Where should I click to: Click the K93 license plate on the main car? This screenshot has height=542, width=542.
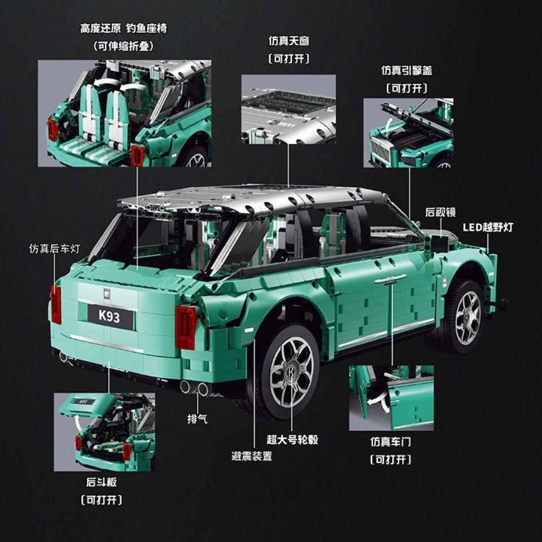[x=110, y=317]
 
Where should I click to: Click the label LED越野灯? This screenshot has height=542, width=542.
[x=488, y=227]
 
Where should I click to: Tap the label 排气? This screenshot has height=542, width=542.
[x=197, y=419]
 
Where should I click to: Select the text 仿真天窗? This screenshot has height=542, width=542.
[x=289, y=41]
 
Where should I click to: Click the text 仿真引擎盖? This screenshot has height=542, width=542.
[x=406, y=71]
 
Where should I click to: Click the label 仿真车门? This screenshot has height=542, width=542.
[x=391, y=442]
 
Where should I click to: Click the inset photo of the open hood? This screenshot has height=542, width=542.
[x=408, y=133]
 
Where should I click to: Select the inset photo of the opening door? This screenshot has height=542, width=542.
[x=391, y=397]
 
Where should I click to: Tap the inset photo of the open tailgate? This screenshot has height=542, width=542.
[x=104, y=432]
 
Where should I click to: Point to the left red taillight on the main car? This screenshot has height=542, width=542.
[x=55, y=304]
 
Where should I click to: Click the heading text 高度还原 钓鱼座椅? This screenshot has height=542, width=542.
[x=123, y=28]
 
